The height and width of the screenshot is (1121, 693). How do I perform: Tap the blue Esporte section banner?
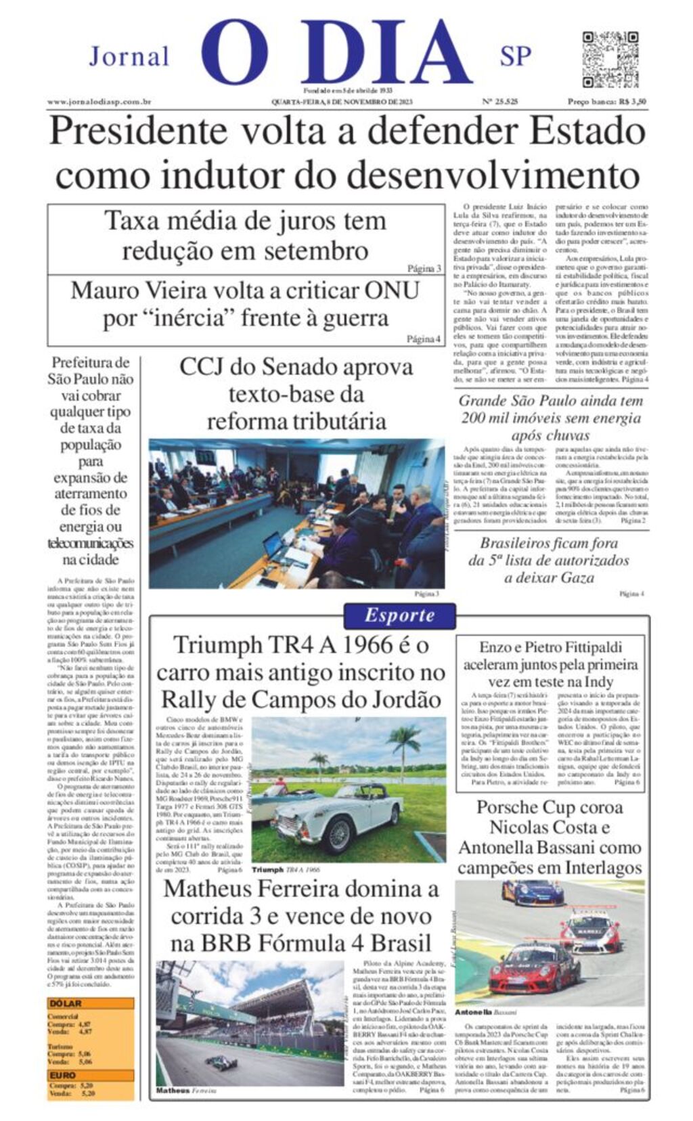(x=399, y=615)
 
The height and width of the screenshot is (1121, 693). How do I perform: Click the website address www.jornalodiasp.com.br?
(x=99, y=102)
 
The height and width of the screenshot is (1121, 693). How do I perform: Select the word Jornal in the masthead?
(x=129, y=56)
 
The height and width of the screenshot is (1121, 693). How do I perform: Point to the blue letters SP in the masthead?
(x=516, y=56)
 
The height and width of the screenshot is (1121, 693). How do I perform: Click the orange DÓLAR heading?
(x=65, y=1003)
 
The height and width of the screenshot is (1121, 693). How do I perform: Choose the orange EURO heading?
(x=62, y=1075)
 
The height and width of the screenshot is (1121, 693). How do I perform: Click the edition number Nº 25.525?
(x=500, y=102)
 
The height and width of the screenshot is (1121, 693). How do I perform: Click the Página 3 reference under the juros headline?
(x=424, y=268)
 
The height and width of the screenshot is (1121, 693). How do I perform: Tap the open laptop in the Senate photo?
(x=273, y=544)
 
